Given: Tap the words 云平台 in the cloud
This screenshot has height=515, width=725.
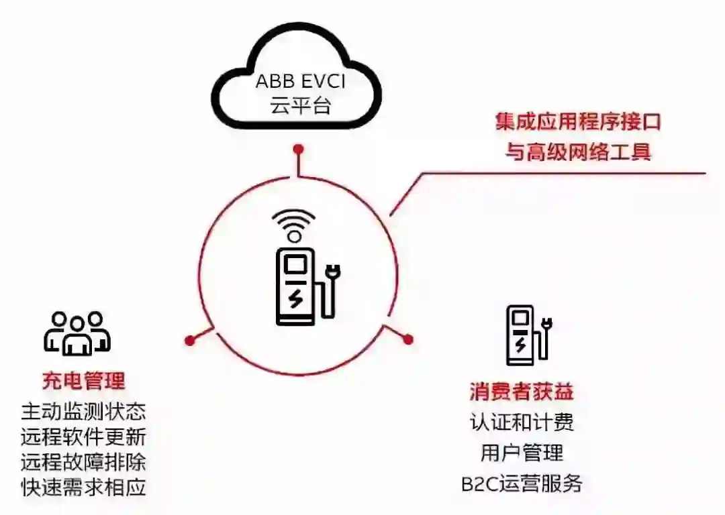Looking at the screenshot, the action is click(x=300, y=106).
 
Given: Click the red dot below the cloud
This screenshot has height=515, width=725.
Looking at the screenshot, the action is click(x=298, y=148).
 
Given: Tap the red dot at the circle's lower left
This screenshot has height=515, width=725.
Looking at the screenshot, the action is click(x=190, y=341).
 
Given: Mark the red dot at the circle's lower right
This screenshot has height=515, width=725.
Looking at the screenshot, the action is click(x=408, y=340).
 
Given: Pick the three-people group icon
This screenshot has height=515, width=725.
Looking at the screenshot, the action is click(x=77, y=333).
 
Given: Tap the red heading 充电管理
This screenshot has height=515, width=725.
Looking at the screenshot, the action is click(x=83, y=382).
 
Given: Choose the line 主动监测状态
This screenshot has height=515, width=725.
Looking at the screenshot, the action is click(x=83, y=411).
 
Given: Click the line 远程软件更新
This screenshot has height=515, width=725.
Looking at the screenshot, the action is click(x=83, y=437).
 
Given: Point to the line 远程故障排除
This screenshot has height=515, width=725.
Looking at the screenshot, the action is click(x=83, y=462).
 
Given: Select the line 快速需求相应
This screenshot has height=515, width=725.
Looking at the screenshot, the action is click(x=83, y=488).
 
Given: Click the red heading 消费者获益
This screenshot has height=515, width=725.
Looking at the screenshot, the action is click(x=522, y=392).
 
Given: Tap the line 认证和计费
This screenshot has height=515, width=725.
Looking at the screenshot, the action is click(x=522, y=422).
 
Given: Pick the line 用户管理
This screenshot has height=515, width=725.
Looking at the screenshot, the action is click(x=522, y=453).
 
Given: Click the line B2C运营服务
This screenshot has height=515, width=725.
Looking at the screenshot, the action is click(x=522, y=483).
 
